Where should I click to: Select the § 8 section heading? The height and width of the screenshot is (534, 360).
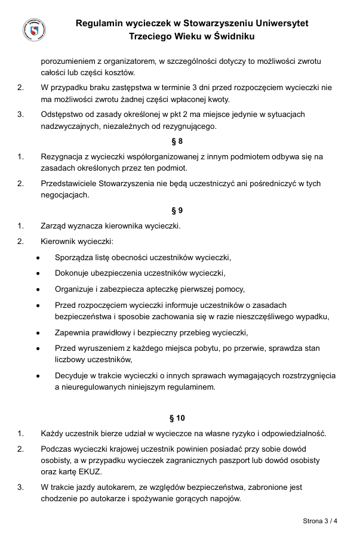177,141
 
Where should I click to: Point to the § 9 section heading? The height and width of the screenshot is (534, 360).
177,211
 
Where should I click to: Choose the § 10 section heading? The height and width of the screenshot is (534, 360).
177,418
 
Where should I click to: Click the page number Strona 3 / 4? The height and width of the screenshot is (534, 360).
320,520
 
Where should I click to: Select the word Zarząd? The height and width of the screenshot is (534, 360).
54,226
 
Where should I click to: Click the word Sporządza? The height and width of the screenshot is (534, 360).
74,258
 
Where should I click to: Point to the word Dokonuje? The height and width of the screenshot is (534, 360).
73,273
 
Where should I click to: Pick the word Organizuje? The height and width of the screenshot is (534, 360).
75,289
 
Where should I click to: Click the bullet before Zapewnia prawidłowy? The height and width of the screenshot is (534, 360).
38,333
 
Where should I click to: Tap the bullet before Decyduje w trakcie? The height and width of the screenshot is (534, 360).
38,376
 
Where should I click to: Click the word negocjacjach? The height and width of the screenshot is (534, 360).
65,195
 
